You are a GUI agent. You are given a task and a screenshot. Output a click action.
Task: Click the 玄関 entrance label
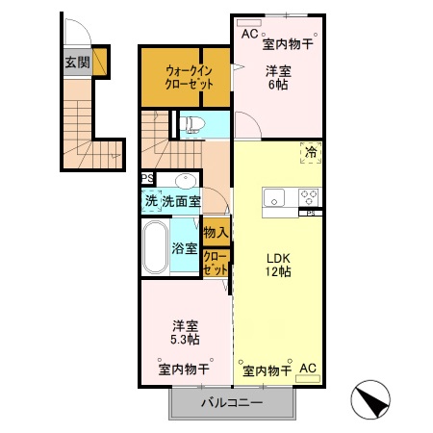pos(76,63)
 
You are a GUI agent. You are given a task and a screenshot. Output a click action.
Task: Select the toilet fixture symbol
pos(191,124)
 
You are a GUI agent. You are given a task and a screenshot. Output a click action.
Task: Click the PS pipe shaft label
pos(146,179)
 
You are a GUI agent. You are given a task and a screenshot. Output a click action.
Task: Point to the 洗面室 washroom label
pos(180,201)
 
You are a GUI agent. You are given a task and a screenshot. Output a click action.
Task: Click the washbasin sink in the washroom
pos(184,181)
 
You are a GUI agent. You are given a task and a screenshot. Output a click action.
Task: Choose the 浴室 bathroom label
pos(185,248)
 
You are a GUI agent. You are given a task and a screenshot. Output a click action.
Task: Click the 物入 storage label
pos(216,232)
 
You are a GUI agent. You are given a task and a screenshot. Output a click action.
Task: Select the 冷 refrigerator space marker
pos(311,151)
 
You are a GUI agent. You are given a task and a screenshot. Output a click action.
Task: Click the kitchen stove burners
pos(309,196)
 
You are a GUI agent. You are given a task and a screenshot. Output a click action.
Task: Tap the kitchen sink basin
pos(275,199)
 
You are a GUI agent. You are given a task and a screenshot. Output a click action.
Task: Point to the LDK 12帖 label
pos(279,265)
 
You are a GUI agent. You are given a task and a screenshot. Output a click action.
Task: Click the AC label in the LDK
pos(308,369)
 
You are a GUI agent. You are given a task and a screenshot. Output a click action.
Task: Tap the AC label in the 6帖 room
pos(249,35)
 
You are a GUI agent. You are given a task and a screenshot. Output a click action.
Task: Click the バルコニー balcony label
pos(231,402)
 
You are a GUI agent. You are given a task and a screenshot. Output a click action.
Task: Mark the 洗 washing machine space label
pos(151,201)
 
